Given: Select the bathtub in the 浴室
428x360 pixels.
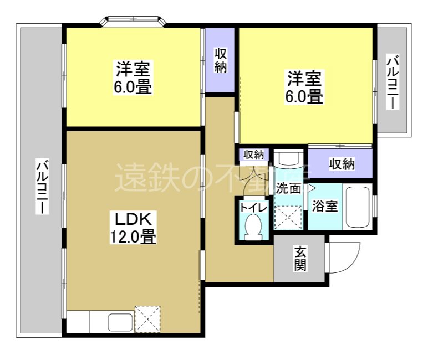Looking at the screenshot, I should click(x=358, y=208).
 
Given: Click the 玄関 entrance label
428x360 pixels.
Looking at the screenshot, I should click(x=300, y=259).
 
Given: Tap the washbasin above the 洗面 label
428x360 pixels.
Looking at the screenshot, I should click(x=289, y=159).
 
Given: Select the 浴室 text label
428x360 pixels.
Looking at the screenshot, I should click(x=325, y=207).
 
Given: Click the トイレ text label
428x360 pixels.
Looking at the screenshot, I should click(x=253, y=208).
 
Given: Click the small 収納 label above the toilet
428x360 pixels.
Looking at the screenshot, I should click(x=254, y=155).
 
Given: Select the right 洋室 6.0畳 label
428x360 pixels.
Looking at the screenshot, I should click(x=304, y=87).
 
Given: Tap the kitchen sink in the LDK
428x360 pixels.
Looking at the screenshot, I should click(x=119, y=321).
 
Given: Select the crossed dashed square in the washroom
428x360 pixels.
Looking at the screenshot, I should click(x=289, y=217).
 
